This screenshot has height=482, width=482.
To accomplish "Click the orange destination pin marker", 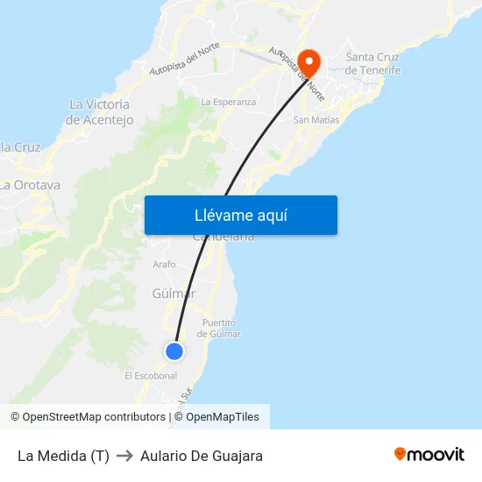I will point(308,61).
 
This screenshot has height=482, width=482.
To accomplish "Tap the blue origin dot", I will point(174,351).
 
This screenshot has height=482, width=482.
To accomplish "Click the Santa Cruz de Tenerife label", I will point(373,64).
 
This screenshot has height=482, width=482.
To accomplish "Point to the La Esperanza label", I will point(229,102).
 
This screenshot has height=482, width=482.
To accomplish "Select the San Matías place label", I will point(315,120).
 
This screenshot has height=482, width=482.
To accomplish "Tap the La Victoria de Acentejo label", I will point(100,112).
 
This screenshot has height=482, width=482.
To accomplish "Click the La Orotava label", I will point(31,185).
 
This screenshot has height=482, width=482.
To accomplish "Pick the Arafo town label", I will point(164,264).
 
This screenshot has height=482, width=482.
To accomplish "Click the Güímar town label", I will point(174,294).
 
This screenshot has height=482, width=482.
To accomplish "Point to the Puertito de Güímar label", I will point(219,328).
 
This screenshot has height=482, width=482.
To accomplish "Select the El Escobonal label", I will point(151,376).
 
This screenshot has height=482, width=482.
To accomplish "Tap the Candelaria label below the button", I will point(223,237).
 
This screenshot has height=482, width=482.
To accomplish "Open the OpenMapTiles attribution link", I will point(223,417).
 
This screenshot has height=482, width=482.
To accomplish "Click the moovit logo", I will point(429,454).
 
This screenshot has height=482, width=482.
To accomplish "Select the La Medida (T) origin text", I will point(63,456).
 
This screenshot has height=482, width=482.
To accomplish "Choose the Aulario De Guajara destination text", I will point(202,456).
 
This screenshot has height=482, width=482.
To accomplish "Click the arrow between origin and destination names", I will point(124,456).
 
